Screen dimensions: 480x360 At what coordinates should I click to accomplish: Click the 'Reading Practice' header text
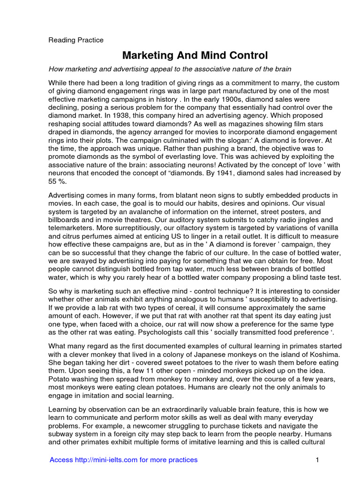(76, 40)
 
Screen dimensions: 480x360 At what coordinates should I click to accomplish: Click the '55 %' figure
(57, 181)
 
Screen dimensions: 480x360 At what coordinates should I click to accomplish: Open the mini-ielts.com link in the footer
(123, 460)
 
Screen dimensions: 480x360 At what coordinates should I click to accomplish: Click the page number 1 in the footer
(317, 460)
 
